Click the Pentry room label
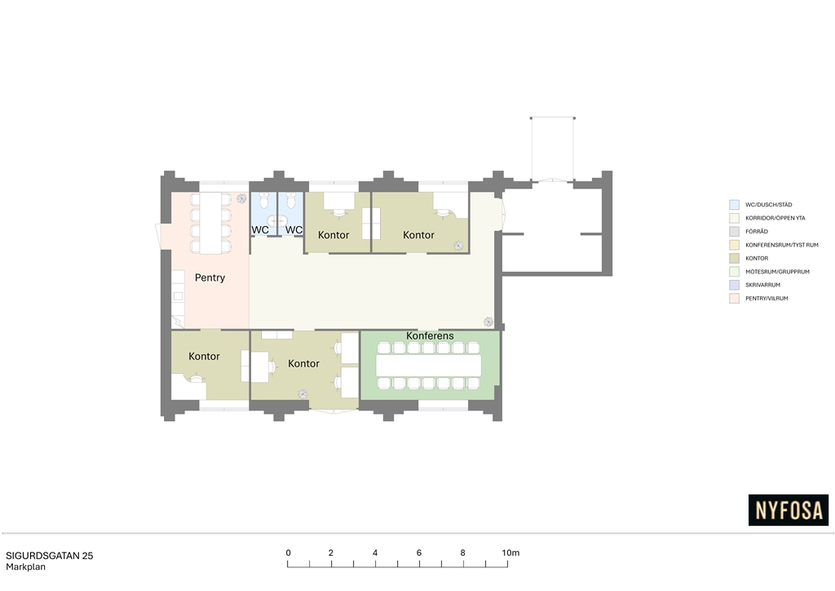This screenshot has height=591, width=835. (x=210, y=278)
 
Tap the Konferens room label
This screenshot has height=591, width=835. (x=430, y=335)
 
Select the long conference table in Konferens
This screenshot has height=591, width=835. (x=429, y=366)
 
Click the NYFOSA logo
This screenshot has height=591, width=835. (x=789, y=510)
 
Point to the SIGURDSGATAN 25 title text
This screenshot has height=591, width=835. (x=50, y=555)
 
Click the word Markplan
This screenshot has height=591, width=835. (x=25, y=567)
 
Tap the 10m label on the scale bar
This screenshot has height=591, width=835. (x=510, y=553)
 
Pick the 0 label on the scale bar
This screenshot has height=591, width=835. (x=288, y=553)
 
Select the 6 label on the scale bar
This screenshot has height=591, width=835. (x=419, y=553)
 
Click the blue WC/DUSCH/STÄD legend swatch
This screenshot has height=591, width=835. (x=735, y=205)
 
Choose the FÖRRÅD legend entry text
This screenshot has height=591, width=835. (x=757, y=231)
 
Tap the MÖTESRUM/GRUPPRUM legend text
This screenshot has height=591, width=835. (x=777, y=272)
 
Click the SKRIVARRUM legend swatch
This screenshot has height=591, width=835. (x=735, y=285)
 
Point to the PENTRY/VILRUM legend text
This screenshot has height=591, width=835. (x=767, y=299)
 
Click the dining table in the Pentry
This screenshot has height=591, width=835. (x=211, y=223)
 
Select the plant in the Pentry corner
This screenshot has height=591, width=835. (x=241, y=198)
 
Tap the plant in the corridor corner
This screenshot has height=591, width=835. (x=488, y=322)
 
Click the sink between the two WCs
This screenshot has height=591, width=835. (x=277, y=220)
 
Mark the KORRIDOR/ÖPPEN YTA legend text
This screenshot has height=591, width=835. (x=775, y=218)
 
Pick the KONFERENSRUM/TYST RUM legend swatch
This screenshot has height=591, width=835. (x=735, y=245)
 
